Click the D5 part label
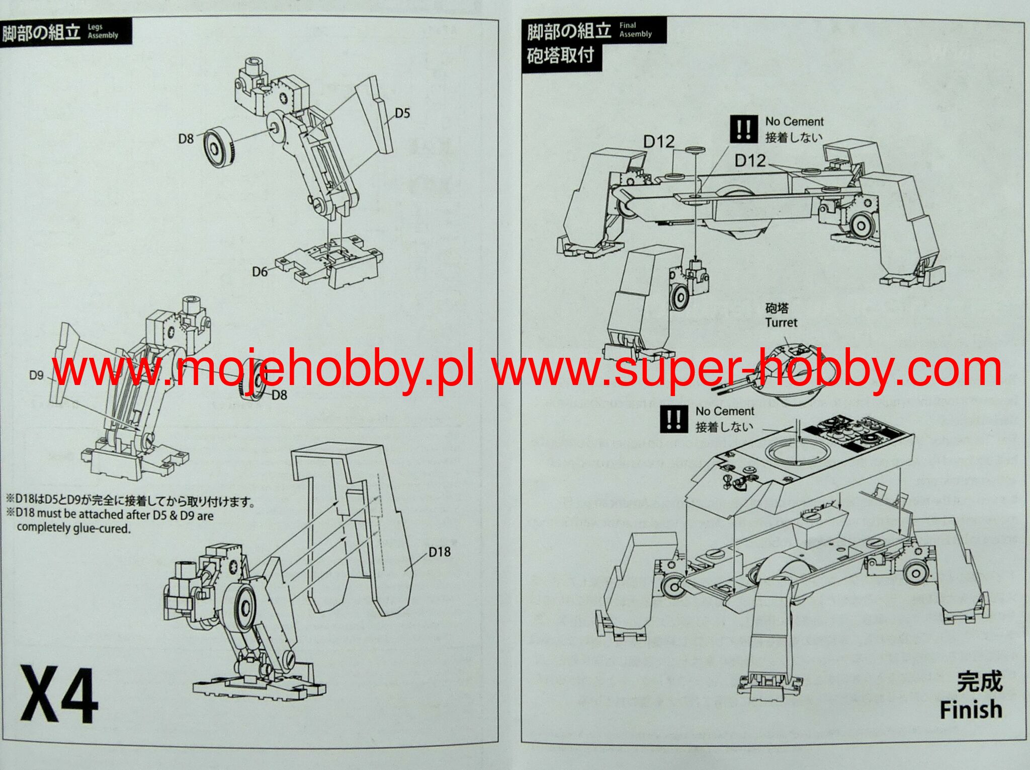click(402, 113)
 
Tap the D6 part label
click(260, 272)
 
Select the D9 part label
click(36, 375)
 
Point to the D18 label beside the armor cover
click(439, 552)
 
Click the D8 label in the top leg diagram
click(186, 138)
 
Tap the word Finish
click(971, 709)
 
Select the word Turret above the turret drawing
click(781, 323)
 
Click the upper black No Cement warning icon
click(743, 129)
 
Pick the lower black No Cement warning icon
click(674, 419)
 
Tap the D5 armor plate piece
click(375, 116)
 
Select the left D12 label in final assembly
click(658, 142)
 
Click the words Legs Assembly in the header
click(103, 31)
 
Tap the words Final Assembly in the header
click(635, 30)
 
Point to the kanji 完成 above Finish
click(979, 681)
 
